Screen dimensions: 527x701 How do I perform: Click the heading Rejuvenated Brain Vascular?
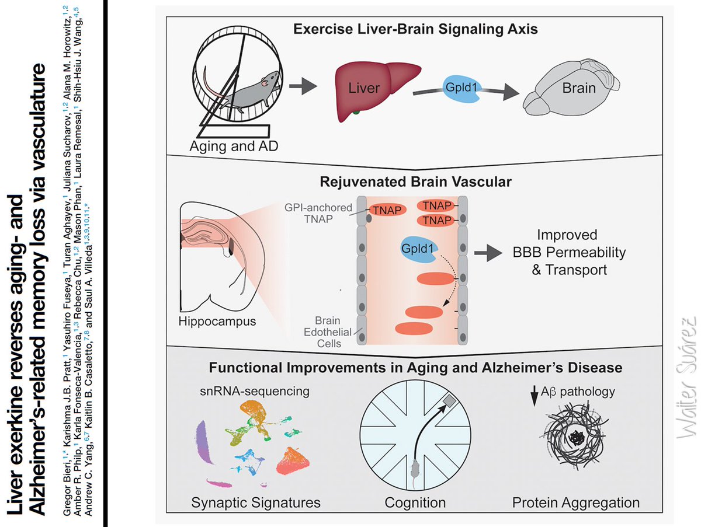(416, 182)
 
